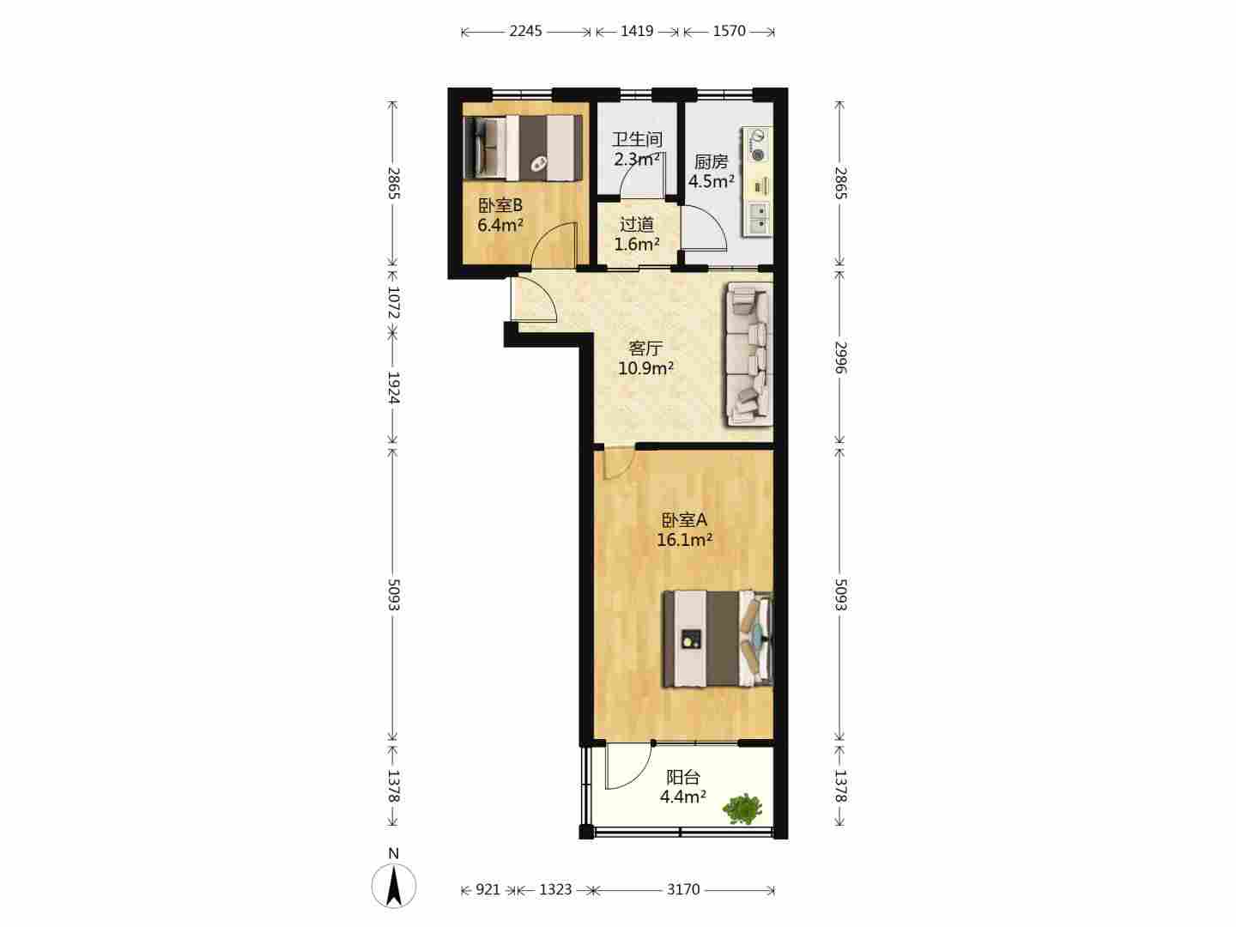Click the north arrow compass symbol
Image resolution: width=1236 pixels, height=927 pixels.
[x=394, y=885]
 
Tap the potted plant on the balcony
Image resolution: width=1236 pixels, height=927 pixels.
[x=742, y=809]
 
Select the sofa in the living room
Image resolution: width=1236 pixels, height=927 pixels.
[x=749, y=354]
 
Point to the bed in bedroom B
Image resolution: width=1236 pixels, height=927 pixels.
[x=523, y=148]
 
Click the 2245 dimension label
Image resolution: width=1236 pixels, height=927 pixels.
[x=525, y=31]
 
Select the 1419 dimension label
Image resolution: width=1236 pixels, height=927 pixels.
[x=637, y=31]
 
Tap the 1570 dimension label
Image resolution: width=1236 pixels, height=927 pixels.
[x=730, y=31]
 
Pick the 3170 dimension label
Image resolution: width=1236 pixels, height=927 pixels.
[x=683, y=889]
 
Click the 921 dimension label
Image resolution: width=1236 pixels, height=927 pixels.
[x=488, y=889]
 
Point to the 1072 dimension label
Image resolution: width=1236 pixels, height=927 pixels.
[x=394, y=303]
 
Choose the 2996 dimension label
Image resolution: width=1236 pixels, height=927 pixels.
[x=839, y=357]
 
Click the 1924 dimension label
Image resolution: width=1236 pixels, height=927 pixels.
[x=394, y=388]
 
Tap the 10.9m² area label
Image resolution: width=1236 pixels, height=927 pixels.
[x=645, y=369]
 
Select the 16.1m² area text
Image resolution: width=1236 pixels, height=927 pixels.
[x=685, y=541]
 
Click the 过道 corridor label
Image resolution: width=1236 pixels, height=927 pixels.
[x=637, y=225]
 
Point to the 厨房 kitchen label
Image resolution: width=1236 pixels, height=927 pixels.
[x=712, y=162]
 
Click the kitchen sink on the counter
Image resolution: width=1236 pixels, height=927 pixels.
[x=757, y=218]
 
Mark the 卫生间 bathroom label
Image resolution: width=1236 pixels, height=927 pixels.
[x=638, y=139]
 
